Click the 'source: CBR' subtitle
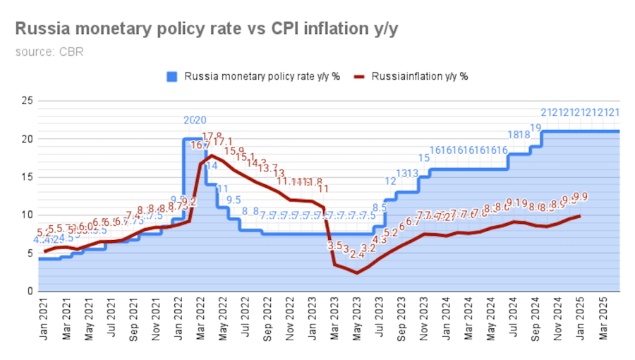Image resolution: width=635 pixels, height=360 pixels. [x=49, y=52]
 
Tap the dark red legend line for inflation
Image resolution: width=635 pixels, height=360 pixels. [x=359, y=76]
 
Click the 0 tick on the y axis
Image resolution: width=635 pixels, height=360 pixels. [x=30, y=291]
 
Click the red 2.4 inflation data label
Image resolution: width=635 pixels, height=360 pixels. [x=357, y=255]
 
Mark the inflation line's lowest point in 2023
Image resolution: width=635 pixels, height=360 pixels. [x=356, y=272]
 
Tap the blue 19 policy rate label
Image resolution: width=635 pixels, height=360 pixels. [x=536, y=128]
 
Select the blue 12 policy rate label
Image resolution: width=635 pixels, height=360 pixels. [x=390, y=181]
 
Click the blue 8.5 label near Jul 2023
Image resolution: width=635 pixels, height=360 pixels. [x=380, y=208]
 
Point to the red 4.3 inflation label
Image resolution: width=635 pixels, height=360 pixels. [x=380, y=240]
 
